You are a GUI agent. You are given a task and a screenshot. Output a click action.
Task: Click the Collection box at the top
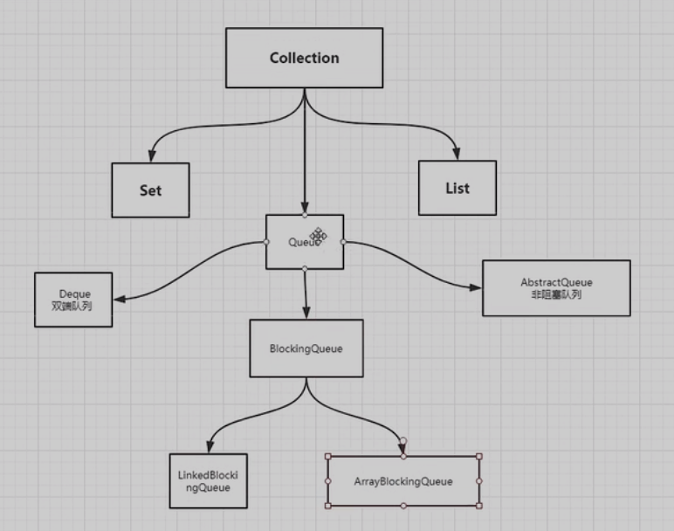coord(304,59)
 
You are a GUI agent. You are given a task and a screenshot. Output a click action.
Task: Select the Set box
coord(150,190)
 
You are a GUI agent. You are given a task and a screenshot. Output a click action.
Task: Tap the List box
coord(457,188)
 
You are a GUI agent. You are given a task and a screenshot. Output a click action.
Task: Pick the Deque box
coord(73,300)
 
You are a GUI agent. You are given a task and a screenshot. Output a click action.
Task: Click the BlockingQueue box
coord(306,348)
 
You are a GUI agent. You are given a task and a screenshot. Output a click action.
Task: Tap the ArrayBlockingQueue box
coord(402,480)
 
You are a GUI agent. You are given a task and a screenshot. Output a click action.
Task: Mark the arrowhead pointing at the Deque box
coord(119,299)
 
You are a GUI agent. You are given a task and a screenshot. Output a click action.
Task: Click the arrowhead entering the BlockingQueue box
coord(305,313)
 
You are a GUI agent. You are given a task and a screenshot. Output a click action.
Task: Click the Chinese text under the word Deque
coord(73,307)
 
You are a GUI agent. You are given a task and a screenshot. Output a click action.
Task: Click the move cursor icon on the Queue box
coord(319,236)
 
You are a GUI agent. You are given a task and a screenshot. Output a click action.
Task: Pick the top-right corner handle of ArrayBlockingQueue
coord(479,456)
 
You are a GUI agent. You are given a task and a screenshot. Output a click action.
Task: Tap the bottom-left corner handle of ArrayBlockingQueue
coord(327,505)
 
